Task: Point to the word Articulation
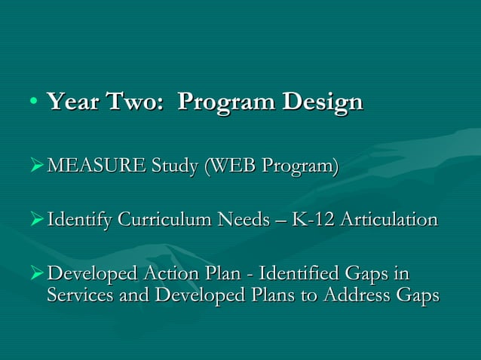coord(388,220)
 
